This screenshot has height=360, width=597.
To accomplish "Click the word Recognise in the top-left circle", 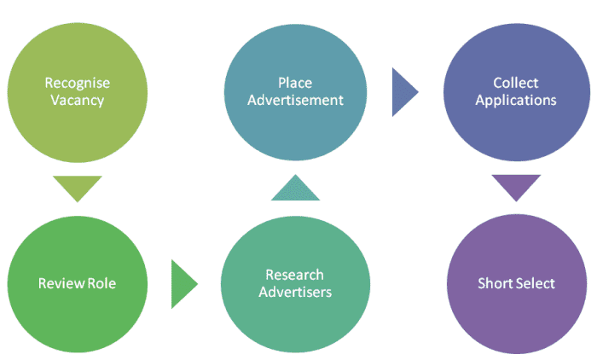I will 77,83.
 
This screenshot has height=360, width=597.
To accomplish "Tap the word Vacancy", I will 77,100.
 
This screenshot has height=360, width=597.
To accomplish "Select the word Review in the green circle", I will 58,283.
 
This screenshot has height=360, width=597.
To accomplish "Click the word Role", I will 99,283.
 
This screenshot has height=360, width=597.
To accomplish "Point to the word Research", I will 294,275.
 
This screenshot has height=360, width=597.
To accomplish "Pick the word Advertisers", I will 294,292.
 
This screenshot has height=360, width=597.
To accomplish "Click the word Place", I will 294,83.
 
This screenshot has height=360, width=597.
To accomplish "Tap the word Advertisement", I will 294,100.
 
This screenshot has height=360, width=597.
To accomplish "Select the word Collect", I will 515,83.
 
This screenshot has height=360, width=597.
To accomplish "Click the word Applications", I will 515,100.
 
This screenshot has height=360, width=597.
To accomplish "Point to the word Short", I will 496,283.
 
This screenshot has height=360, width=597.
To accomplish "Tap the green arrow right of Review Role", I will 183,283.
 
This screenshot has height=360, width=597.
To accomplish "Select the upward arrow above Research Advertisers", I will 295,189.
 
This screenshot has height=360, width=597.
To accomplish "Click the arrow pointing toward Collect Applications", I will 403,91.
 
